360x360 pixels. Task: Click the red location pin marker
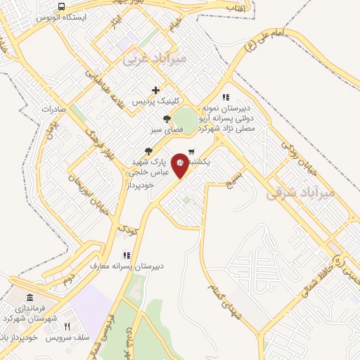pos(179,164)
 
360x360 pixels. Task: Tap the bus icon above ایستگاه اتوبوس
pos(62,6)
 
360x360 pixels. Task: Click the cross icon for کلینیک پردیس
pos(156,90)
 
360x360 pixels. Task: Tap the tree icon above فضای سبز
pos(167,119)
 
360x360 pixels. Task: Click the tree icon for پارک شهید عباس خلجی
pos(148,150)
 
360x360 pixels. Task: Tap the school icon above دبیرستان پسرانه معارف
pos(127,255)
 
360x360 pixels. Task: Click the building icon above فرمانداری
pos(30,297)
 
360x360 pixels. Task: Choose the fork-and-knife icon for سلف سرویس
pos(67,326)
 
